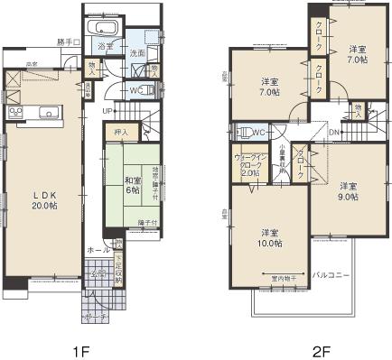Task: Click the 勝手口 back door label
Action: [x=68, y=42]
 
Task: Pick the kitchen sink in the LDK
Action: [x=50, y=112]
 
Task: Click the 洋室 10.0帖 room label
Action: [x=268, y=237]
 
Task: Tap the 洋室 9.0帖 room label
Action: [x=346, y=190]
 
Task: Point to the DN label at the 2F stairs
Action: [x=333, y=132]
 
